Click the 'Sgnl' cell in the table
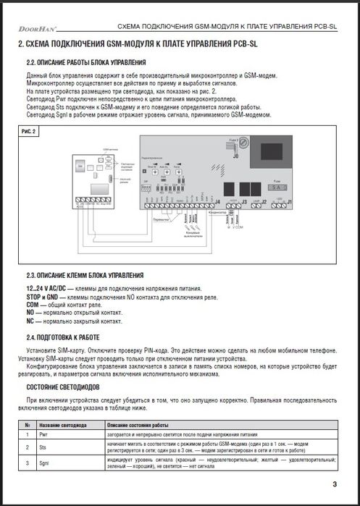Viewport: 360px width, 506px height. [x=44, y=461]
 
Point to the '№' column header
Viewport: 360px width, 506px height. [x=27, y=424]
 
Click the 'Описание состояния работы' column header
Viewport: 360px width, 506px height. [x=138, y=424]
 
